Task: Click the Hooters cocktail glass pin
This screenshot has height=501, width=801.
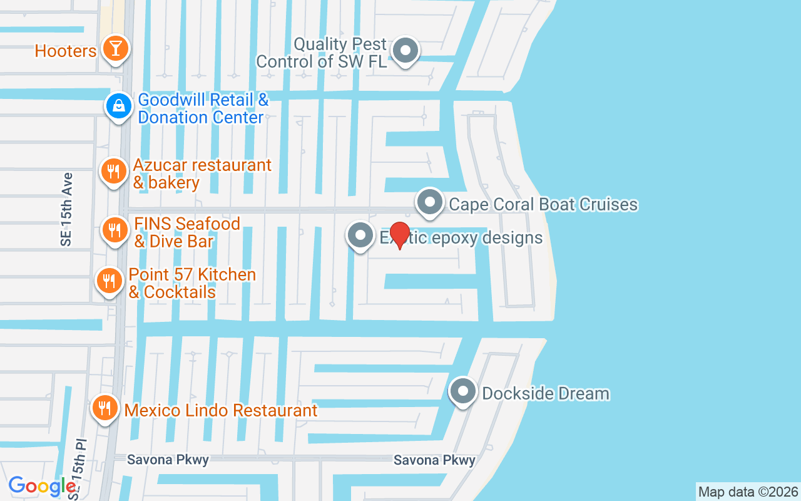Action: [x=115, y=48]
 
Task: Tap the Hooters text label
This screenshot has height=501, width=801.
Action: [x=66, y=51]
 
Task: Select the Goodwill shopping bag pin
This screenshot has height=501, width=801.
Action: [x=118, y=106]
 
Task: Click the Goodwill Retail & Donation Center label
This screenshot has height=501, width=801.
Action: [x=203, y=108]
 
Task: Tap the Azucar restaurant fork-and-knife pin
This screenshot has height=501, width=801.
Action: [x=113, y=171]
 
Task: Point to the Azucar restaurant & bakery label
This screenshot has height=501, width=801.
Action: [x=202, y=173]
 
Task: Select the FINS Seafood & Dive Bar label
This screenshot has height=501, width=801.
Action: [x=186, y=232]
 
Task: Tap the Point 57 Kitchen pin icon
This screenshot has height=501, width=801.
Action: [x=110, y=281]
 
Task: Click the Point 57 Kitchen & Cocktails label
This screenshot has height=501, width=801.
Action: [x=191, y=283]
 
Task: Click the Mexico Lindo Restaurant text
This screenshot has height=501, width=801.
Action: [x=221, y=410]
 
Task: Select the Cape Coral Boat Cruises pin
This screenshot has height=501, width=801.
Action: [x=430, y=202]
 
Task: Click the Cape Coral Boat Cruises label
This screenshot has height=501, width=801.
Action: [x=543, y=204]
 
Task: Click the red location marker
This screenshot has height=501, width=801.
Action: [x=399, y=234]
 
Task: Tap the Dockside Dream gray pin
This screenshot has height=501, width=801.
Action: [x=463, y=391]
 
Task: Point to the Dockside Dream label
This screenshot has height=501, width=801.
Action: [x=546, y=393]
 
